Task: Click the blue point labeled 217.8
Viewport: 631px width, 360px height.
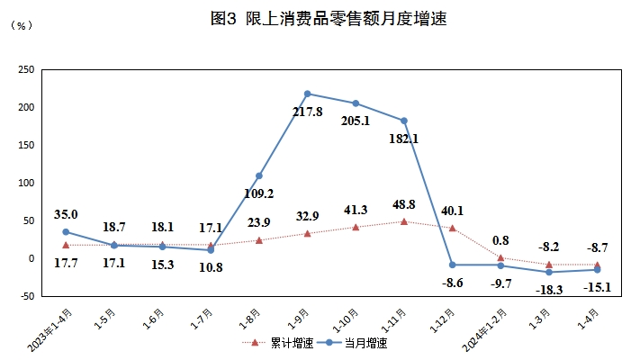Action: [308, 94]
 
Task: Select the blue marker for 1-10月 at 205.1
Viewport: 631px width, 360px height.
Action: [356, 103]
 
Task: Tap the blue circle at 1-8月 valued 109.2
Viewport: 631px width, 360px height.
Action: [259, 175]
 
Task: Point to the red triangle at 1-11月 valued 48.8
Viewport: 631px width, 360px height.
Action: [404, 221]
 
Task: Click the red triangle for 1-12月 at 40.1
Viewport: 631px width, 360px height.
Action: [452, 228]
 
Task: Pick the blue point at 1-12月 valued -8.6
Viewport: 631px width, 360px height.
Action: [452, 265]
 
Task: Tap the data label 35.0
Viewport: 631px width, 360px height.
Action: [66, 214]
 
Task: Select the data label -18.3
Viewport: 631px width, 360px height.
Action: [549, 289]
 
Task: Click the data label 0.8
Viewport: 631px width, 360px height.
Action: [501, 240]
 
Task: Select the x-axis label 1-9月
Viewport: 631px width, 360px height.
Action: [297, 319]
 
